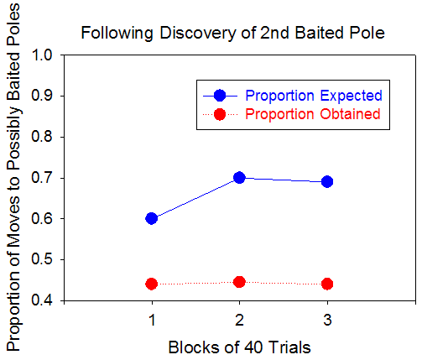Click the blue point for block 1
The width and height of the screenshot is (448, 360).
coord(151,219)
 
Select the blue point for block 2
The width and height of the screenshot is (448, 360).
coord(239,178)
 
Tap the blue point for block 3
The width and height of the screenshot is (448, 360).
coord(327,181)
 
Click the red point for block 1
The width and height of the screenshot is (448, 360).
coord(151,284)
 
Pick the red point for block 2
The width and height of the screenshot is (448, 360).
coord(239,282)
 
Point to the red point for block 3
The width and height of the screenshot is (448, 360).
coord(327,284)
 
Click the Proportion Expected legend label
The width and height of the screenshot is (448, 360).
coord(314,96)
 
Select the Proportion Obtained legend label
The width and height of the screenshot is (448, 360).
coord(313,114)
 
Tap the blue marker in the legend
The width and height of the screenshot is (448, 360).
coord(220,96)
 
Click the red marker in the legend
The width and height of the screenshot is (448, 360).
coord(220,114)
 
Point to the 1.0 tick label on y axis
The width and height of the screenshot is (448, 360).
coord(42,55)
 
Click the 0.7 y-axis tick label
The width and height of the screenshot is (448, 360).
coord(42,178)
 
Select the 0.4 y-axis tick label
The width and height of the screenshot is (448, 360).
coord(42,301)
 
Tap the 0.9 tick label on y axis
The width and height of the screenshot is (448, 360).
coord(42,96)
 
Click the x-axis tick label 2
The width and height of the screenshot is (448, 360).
coord(239,320)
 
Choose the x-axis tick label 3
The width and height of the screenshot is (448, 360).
coord(327,320)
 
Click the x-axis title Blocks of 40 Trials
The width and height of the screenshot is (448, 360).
coord(239,347)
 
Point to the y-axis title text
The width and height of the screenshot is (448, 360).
coord(13,177)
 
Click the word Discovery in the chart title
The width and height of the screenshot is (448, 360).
coord(198,33)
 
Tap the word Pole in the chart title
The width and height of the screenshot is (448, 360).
coord(368,33)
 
